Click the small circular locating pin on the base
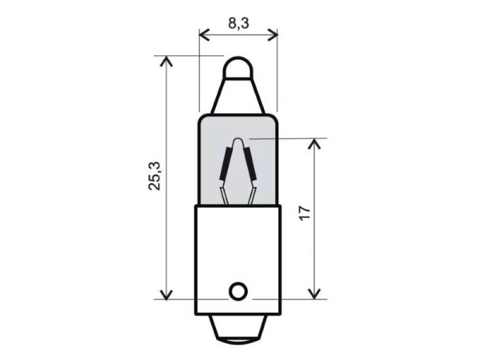[237, 290]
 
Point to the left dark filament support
[226, 165]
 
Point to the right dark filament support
[249, 164]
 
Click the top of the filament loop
[238, 142]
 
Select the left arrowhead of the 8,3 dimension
[202, 34]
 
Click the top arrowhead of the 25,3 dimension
[166, 61]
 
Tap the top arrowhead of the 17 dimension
[318, 143]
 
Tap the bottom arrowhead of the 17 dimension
[318, 294]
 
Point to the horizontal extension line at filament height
[288, 138]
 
